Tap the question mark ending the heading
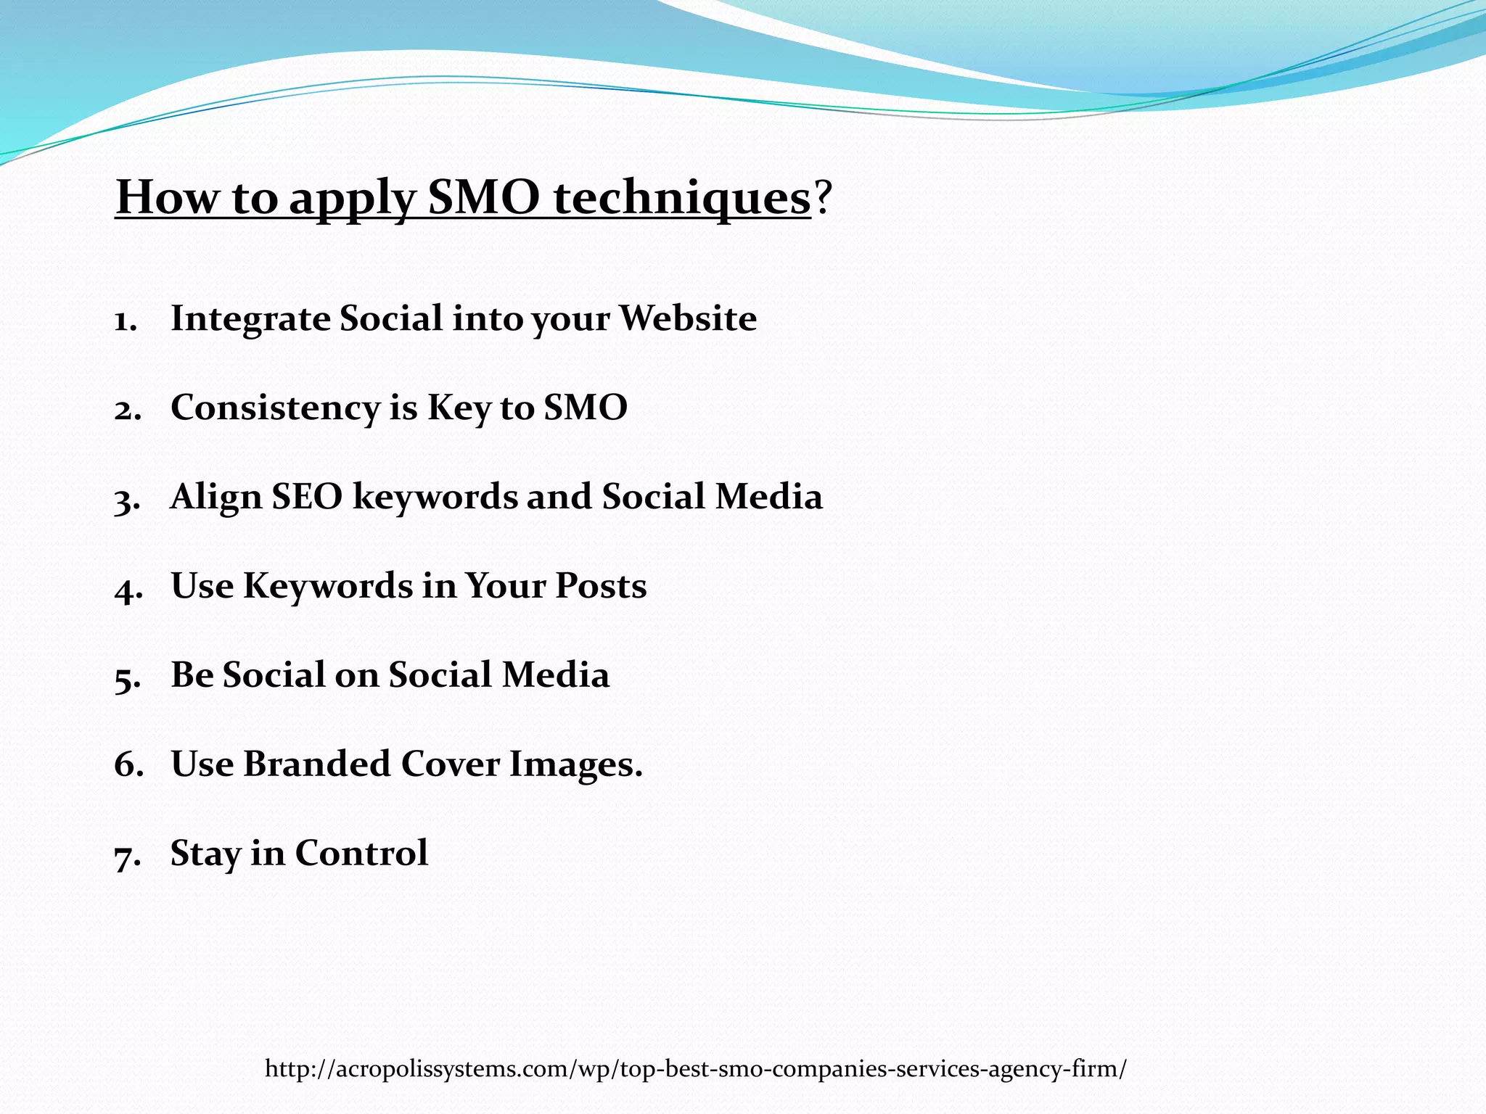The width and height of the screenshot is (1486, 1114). [x=821, y=197]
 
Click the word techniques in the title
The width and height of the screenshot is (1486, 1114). [x=681, y=197]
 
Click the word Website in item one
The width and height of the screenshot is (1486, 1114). [x=687, y=319]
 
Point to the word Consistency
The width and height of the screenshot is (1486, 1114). [x=275, y=408]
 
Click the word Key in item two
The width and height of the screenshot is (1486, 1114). [x=459, y=408]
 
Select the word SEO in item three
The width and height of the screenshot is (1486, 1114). [x=306, y=498]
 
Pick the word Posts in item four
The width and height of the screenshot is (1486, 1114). [x=600, y=586]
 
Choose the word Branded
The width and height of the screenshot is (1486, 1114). [x=316, y=764]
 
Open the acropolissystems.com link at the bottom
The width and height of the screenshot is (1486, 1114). [x=695, y=1068]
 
